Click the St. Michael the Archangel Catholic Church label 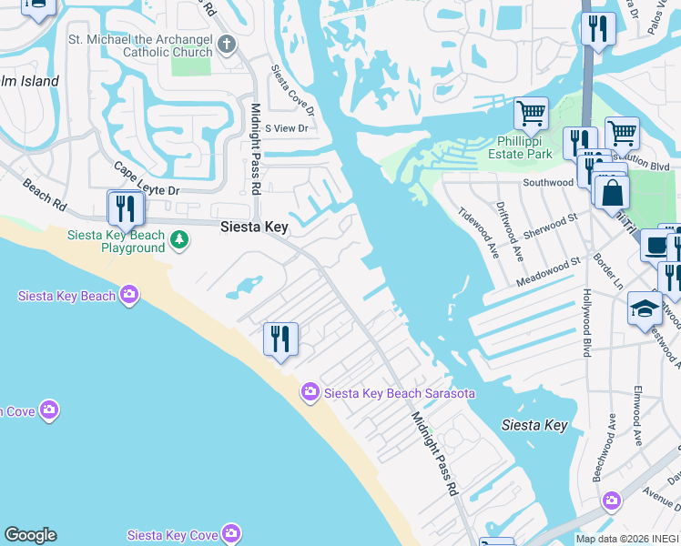click(x=140, y=45)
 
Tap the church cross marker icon click(x=226, y=43)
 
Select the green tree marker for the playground click(x=180, y=239)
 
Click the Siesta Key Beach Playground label click(x=117, y=241)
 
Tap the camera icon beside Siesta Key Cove click(x=231, y=533)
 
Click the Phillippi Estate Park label click(x=524, y=147)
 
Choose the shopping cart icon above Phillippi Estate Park click(x=531, y=114)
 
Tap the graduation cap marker click(x=645, y=308)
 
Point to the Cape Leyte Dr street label click(x=147, y=179)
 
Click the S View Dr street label click(x=286, y=128)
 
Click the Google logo click(x=30, y=535)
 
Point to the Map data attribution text click(x=627, y=539)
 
